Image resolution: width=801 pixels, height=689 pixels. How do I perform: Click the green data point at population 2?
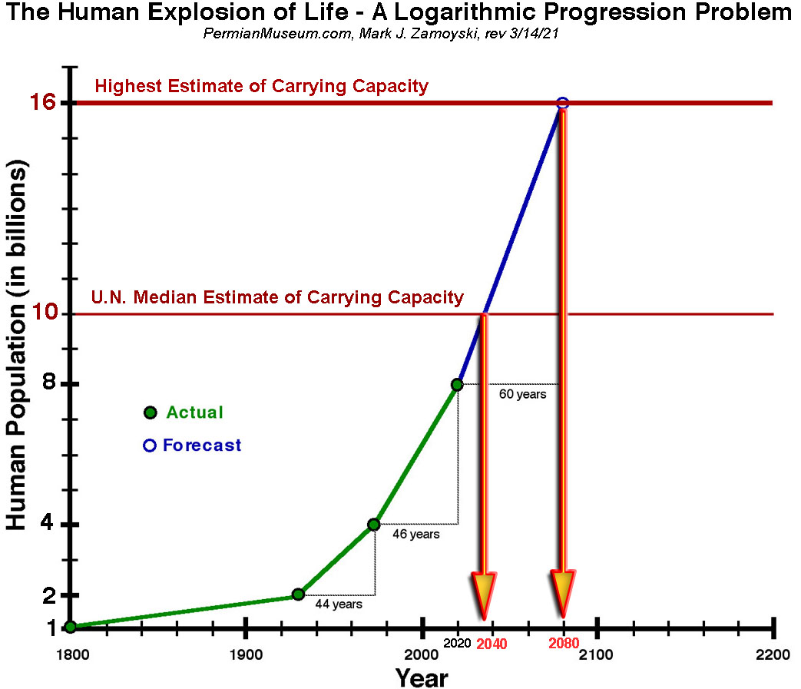[x=298, y=594]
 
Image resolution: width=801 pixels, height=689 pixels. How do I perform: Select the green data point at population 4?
[x=374, y=525]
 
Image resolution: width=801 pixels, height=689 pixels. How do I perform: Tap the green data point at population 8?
[x=457, y=384]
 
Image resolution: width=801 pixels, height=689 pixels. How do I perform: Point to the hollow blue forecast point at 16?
[x=562, y=103]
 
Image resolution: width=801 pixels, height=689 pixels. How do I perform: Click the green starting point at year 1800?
[x=70, y=627]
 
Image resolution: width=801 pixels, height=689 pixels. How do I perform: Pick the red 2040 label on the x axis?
[x=492, y=644]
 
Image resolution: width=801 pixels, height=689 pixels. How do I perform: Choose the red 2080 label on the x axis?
[x=564, y=644]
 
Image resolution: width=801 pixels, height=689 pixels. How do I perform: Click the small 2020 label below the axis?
[x=458, y=641]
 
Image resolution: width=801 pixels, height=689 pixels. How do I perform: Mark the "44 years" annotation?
[x=339, y=605]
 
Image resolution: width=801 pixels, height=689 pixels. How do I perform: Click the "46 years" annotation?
[x=416, y=534]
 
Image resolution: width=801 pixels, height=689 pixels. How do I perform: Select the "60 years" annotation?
[x=522, y=394]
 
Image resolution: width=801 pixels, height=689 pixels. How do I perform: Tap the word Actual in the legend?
[x=194, y=412]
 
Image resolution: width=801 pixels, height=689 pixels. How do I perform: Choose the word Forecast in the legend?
[x=202, y=446]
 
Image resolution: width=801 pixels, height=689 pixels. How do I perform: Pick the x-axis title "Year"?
[x=422, y=678]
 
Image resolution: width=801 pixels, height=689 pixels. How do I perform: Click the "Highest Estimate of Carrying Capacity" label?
[x=261, y=86]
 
